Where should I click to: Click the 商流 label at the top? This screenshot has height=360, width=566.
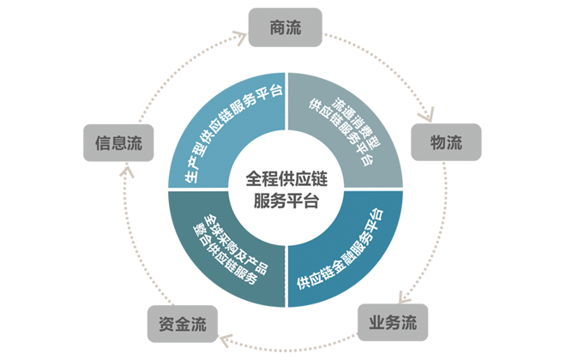click(283, 28)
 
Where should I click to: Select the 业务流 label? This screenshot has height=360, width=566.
click(392, 323)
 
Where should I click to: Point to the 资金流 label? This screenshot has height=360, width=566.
click(183, 325)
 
